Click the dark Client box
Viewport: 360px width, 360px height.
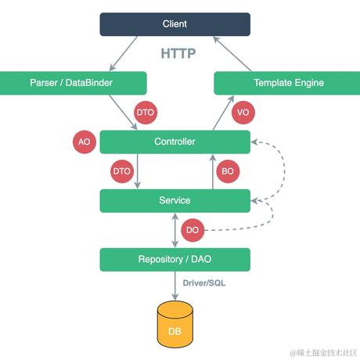175,24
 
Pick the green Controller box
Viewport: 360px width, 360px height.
175,142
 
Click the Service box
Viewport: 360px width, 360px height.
175,200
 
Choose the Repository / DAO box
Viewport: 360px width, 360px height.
175,259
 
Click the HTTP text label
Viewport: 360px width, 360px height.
178,54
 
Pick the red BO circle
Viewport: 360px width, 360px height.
228,171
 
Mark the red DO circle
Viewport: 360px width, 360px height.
193,230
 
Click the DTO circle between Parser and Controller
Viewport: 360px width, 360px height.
145,113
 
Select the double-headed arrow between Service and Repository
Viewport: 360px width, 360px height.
175,230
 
